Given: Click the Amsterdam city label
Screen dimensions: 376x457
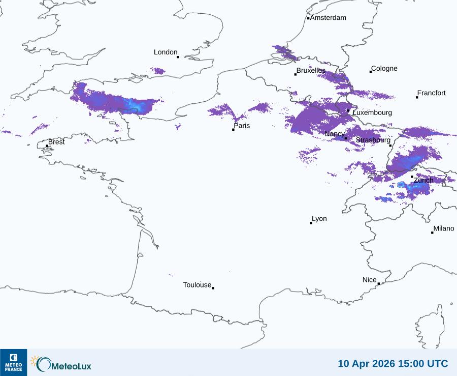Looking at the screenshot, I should click(328, 18).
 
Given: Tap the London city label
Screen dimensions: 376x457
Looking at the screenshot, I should click(166, 52).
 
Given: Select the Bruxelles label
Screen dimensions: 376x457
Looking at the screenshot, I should click(311, 70).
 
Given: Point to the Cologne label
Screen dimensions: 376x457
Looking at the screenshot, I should click(384, 69).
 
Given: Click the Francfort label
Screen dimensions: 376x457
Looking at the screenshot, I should click(432, 93).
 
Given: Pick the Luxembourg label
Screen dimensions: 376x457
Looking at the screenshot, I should click(372, 112).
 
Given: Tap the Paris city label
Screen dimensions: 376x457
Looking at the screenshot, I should click(242, 126).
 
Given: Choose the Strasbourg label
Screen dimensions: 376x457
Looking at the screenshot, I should click(373, 140).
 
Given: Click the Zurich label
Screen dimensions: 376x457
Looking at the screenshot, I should click(423, 180).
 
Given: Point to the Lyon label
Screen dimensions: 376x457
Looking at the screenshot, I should click(319, 219).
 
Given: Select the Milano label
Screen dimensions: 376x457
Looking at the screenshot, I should click(444, 229).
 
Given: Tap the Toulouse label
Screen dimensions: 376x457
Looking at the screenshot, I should click(197, 285).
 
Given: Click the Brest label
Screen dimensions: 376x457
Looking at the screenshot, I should click(56, 142).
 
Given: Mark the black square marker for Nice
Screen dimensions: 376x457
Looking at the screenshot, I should click(379, 284).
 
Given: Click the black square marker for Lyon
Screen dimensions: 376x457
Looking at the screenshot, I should click(311, 223).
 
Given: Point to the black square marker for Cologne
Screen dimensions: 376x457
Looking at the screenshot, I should click(371, 72).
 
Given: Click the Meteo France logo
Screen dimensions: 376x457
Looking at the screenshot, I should click(13, 362).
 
